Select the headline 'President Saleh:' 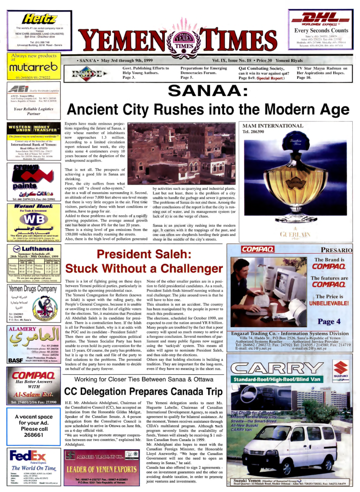142,255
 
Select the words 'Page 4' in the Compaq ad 329,321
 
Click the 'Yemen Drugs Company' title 33,289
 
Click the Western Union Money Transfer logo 33,128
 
